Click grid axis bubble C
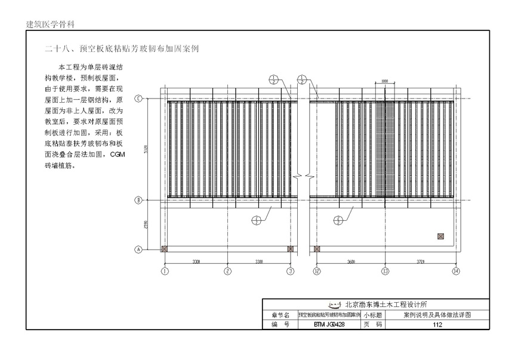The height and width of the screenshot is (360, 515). (x=138, y=99)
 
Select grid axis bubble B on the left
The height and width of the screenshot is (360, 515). (x=138, y=201)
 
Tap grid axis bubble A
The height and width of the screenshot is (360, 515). (x=138, y=250)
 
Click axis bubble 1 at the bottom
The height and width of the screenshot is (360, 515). (x=165, y=271)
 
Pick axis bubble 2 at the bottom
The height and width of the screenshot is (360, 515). (x=227, y=271)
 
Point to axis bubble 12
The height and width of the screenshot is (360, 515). (x=317, y=271)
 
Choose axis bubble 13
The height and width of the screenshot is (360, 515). (x=386, y=271)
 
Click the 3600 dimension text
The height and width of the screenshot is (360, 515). (x=351, y=261)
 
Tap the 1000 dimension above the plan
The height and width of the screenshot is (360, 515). (x=384, y=81)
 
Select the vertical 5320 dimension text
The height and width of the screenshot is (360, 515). (x=146, y=149)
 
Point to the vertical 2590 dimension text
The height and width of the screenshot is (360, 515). (x=146, y=225)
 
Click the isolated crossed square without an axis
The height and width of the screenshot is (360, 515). (x=440, y=237)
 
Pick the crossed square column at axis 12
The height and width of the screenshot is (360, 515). (x=317, y=250)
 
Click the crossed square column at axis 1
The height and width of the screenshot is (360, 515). (x=165, y=250)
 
